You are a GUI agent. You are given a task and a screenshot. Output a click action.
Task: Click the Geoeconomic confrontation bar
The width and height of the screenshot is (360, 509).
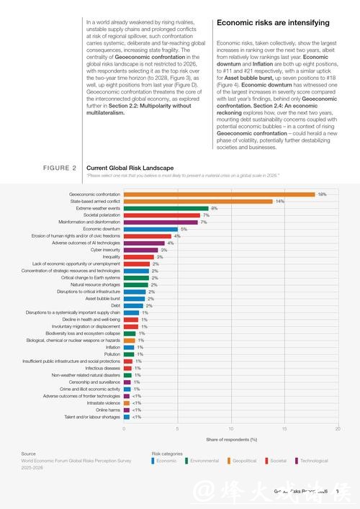[220, 194]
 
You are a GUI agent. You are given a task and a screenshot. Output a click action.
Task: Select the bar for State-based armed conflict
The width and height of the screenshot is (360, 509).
[198, 202]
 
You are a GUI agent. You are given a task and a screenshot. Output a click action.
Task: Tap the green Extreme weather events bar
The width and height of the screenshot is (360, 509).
[166, 208]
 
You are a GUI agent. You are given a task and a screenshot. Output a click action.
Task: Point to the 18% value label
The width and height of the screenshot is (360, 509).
[323, 194]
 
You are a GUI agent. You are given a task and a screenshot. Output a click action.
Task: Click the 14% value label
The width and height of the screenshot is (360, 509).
[280, 202]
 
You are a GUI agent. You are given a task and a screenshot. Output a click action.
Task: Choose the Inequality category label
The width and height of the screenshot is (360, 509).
[112, 257]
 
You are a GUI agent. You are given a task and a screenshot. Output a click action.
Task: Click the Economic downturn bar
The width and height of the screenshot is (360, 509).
[150, 229]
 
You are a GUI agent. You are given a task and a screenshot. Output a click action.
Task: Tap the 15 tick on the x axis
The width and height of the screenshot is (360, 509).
[284, 429]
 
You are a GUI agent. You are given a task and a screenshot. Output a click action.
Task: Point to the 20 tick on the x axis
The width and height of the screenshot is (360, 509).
[338, 429]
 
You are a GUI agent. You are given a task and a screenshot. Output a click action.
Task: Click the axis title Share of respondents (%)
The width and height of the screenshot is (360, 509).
[231, 439]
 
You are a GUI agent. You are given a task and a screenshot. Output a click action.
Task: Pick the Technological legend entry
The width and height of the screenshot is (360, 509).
[312, 461]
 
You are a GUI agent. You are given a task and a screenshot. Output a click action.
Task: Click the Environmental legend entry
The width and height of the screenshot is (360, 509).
[204, 461]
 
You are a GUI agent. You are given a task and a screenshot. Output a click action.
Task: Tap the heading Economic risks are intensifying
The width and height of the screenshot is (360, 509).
[273, 23]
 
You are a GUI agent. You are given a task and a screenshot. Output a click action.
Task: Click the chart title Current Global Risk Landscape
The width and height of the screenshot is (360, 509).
[130, 168]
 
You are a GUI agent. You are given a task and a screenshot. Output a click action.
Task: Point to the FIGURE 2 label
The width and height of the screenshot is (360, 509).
[60, 168]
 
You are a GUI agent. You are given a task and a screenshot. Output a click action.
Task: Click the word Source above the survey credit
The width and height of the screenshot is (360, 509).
[29, 454]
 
